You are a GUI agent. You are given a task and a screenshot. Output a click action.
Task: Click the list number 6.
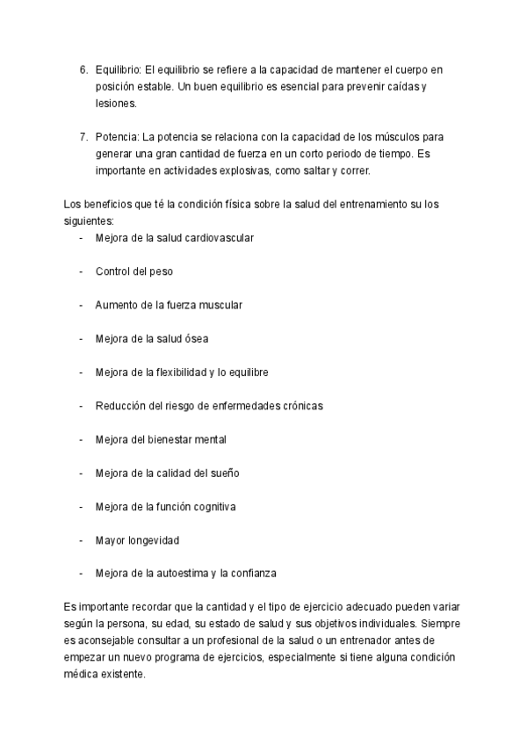[x=83, y=69]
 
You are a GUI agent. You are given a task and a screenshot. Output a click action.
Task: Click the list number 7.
[x=83, y=137]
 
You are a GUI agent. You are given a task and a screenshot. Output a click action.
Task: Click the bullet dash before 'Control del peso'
[x=82, y=271]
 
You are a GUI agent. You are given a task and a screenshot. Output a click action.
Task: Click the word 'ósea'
[x=197, y=338]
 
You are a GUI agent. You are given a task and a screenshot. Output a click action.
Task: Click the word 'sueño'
[x=224, y=473]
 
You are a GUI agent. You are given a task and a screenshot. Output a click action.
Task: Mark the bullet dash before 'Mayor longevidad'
[x=82, y=540]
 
